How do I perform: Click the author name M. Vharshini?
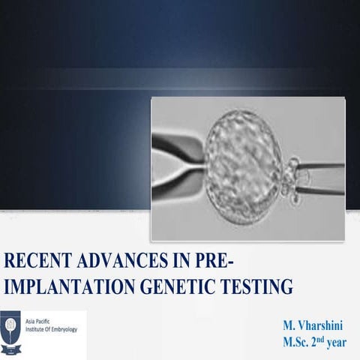(x=313, y=325)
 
